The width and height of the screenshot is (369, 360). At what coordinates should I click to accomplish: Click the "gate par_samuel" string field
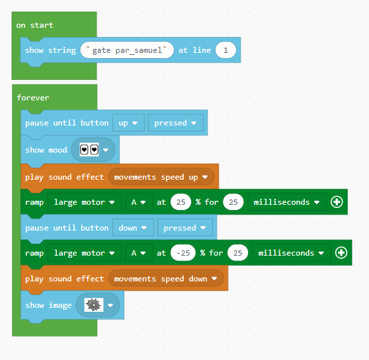coord(127,50)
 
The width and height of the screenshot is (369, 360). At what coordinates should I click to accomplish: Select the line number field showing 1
coord(225,50)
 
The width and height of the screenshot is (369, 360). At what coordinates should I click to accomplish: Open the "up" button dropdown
coord(128,123)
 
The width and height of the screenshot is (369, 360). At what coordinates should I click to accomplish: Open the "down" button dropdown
coord(133,228)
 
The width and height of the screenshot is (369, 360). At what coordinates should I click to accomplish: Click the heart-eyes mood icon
coord(89,149)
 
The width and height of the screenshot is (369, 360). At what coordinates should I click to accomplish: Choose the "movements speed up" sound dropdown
coord(161,177)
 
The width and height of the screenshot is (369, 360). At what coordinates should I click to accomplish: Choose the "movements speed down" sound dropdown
coord(166,279)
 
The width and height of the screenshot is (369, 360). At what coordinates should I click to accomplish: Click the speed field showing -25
coord(183,253)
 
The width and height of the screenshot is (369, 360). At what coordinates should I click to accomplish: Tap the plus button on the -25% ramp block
coord(341,253)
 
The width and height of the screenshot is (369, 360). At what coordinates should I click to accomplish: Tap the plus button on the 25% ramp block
coord(337,202)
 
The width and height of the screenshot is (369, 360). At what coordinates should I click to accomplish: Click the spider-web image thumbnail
coord(94,305)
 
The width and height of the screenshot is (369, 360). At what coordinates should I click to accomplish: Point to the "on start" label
coord(35,25)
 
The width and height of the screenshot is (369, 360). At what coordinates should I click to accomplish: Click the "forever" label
coord(33,98)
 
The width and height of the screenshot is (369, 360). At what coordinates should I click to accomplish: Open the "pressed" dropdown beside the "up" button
coord(175,123)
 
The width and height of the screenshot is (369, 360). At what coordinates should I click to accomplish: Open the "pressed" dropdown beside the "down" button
coord(185,228)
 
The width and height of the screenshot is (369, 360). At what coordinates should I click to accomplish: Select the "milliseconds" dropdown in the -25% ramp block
coord(292,253)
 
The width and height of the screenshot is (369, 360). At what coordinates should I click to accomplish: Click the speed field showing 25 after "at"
coord(181,202)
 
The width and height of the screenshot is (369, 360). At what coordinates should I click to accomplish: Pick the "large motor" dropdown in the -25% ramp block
coord(85,253)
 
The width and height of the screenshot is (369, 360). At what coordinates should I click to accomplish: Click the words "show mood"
coord(46,150)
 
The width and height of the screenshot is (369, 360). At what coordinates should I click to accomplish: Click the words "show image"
coord(48,305)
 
